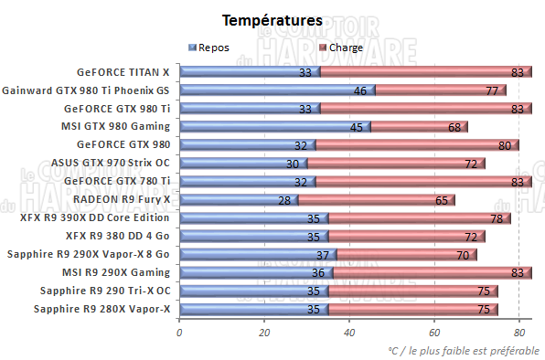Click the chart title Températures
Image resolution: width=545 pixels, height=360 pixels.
pos(272,19)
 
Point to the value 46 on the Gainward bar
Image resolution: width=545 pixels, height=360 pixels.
pos(359,90)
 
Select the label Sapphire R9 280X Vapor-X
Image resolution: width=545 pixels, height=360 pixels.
pos(102,309)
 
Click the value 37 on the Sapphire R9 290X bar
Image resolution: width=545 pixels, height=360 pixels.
pos(322,254)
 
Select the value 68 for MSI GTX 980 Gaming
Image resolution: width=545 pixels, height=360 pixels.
pos(454,126)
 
